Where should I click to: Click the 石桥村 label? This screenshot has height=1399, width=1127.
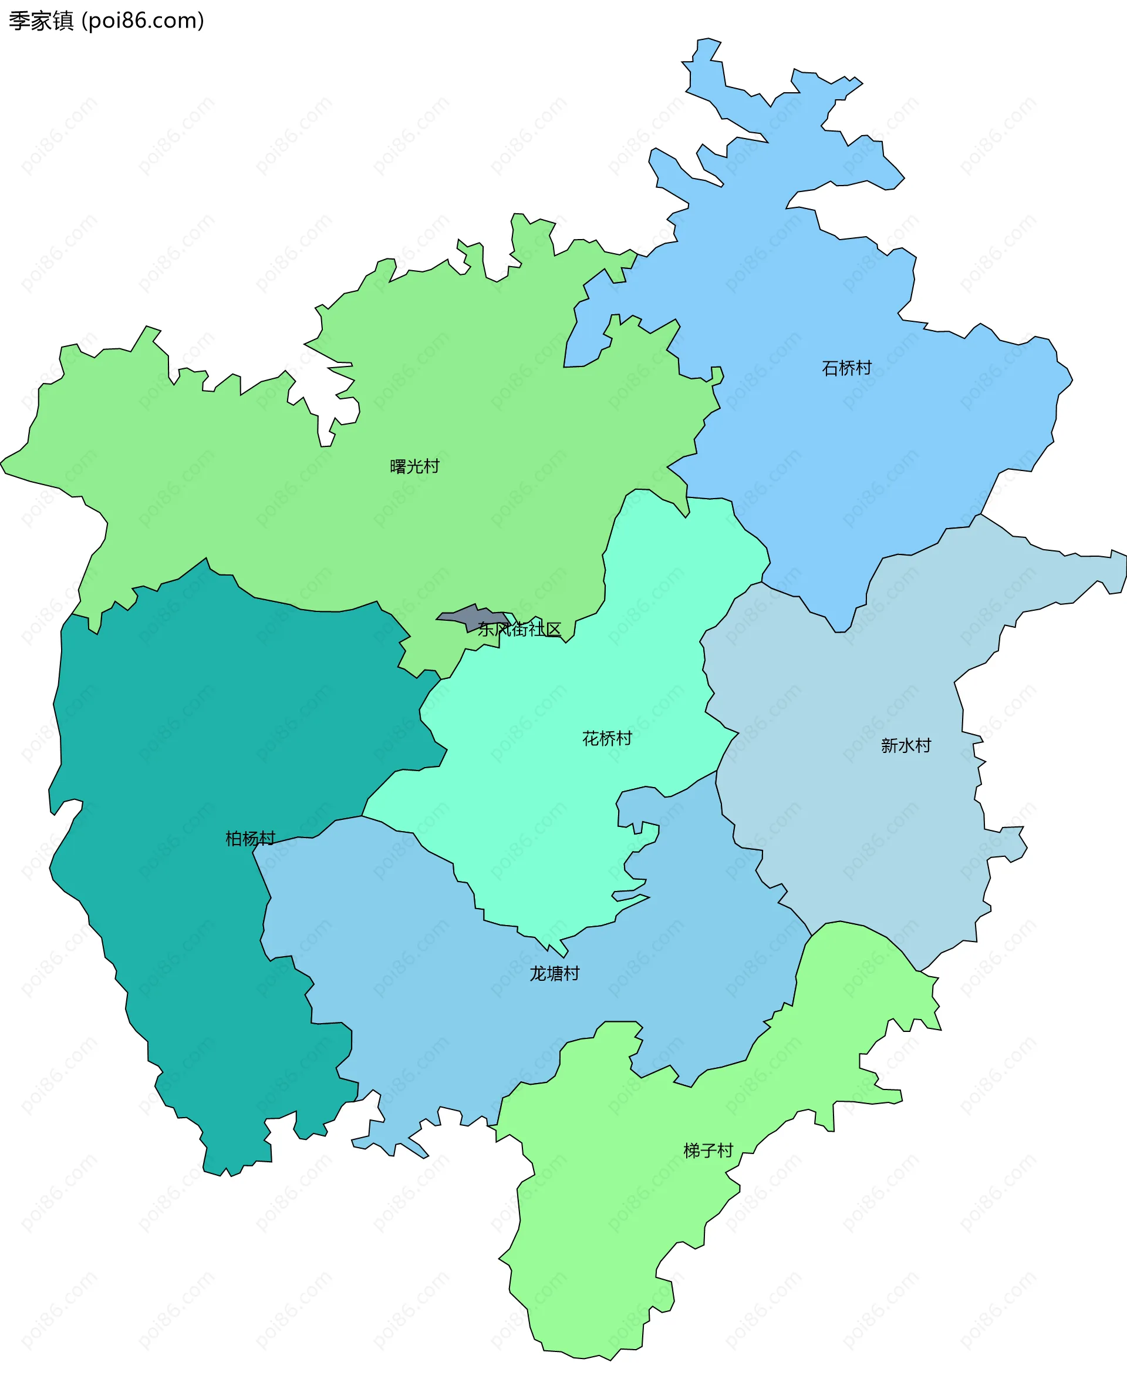pyautogui.click(x=846, y=368)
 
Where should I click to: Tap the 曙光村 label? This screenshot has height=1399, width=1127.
pyautogui.click(x=414, y=466)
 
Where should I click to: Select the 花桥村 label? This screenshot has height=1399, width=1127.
pyautogui.click(x=606, y=738)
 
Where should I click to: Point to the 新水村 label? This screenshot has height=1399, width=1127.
pyautogui.click(x=906, y=746)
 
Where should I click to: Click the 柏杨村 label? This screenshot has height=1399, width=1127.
pyautogui.click(x=250, y=839)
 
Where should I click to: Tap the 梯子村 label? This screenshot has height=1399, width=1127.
pyautogui.click(x=708, y=1151)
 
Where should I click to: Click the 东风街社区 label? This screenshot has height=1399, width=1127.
pyautogui.click(x=519, y=630)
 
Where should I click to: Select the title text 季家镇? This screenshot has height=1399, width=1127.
pyautogui.click(x=41, y=21)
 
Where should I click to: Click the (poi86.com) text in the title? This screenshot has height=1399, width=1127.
pyautogui.click(x=143, y=21)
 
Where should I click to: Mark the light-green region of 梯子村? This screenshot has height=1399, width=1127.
pyautogui.click(x=617, y=1234)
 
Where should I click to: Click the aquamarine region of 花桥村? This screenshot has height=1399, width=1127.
pyautogui.click(x=552, y=812)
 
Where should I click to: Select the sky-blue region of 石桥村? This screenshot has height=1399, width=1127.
pyautogui.click(x=844, y=455)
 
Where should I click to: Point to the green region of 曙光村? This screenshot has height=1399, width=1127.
pyautogui.click(x=325, y=520)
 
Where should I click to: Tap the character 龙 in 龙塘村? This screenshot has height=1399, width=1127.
pyautogui.click(x=538, y=974)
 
